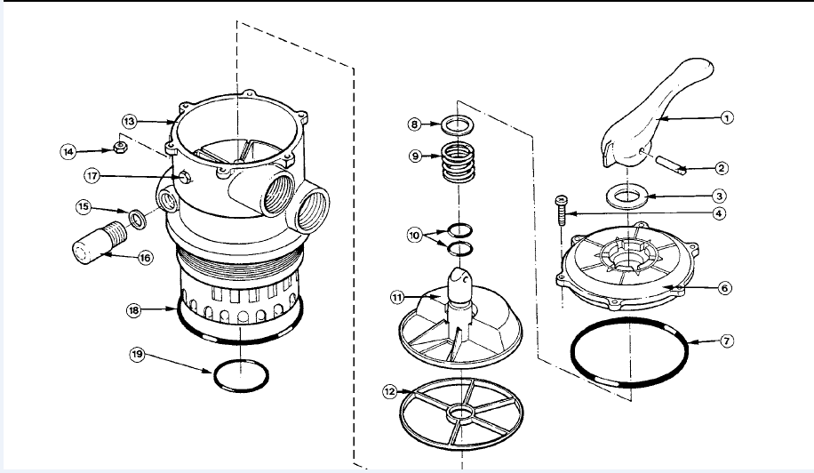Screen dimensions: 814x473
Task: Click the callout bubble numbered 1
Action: [728, 118]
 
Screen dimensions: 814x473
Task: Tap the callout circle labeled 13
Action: [129, 122]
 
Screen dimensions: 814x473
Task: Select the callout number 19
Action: [137, 355]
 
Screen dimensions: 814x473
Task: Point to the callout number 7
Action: [727, 341]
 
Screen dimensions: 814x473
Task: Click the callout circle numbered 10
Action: [414, 236]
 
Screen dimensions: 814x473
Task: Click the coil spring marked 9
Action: [458, 162]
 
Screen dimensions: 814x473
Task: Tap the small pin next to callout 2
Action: [671, 164]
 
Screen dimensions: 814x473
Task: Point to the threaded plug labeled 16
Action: [100, 243]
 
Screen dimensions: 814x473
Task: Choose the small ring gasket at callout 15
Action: [138, 218]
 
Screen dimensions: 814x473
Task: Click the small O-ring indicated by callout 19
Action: [242, 375]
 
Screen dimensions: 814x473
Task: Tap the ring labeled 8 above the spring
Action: [458, 124]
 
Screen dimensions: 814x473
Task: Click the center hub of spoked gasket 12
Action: [461, 413]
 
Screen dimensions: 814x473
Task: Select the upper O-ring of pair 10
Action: [459, 229]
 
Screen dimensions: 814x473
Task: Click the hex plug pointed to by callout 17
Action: [184, 177]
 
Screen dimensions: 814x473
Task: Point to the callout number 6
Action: [726, 288]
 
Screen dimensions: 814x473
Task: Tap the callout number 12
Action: [390, 391]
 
